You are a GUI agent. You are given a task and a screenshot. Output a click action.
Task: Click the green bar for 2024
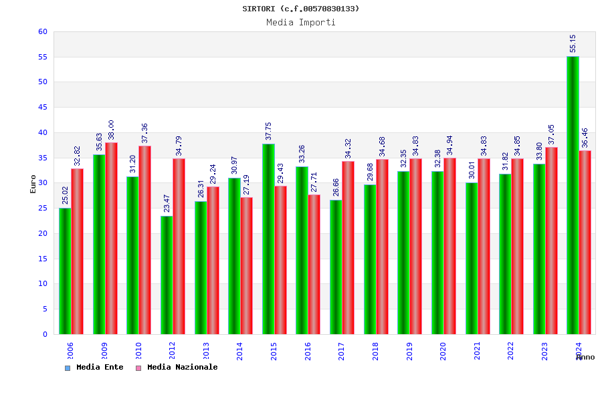click(573, 195)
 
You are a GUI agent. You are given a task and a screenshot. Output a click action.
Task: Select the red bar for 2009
click(111, 239)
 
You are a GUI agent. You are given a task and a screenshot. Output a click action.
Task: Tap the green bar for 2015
click(268, 239)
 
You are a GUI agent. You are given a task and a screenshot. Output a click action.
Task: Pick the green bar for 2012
click(167, 275)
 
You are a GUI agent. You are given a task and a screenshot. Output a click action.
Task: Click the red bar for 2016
click(314, 264)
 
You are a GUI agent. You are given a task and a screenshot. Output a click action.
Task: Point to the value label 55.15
click(573, 43)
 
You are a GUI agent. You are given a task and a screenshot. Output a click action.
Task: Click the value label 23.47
click(167, 203)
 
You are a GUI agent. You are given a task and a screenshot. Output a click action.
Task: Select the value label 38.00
click(111, 130)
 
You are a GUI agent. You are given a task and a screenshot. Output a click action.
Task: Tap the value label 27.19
click(246, 184)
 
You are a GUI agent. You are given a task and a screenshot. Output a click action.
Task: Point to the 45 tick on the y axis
click(43, 107)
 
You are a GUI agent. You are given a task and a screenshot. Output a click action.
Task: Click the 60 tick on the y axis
click(43, 31)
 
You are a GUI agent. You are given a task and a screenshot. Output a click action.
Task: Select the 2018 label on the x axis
click(375, 351)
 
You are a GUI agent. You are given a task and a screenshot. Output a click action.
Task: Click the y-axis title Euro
click(33, 184)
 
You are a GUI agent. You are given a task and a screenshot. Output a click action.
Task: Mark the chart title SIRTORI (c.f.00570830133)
click(301, 9)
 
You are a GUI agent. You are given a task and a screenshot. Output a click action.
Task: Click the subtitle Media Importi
click(301, 22)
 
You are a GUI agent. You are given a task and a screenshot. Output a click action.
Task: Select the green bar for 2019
click(403, 253)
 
